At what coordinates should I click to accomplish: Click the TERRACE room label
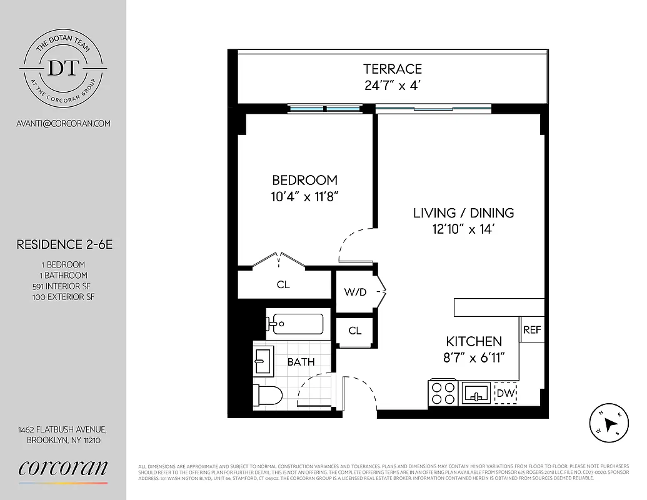pos(393,69)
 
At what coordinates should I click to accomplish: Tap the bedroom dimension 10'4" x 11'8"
pos(305,196)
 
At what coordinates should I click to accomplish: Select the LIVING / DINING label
pos(463,212)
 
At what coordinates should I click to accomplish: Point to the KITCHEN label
pos(473,341)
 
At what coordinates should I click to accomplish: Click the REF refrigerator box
pos(532,330)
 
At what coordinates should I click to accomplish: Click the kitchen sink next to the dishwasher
pos(476,394)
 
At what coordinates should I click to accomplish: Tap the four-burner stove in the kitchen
pos(443,394)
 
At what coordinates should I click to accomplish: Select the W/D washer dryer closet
pos(355,292)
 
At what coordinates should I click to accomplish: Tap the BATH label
pos(301,362)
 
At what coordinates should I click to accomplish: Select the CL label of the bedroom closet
pos(283,285)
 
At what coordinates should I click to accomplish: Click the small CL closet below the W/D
pos(355,331)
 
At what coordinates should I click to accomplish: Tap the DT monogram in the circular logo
pos(63,68)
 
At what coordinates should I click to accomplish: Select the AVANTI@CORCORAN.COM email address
pos(63,123)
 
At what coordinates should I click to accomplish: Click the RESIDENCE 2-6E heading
pos(64,245)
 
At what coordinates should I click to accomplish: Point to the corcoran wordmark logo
pos(63,468)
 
